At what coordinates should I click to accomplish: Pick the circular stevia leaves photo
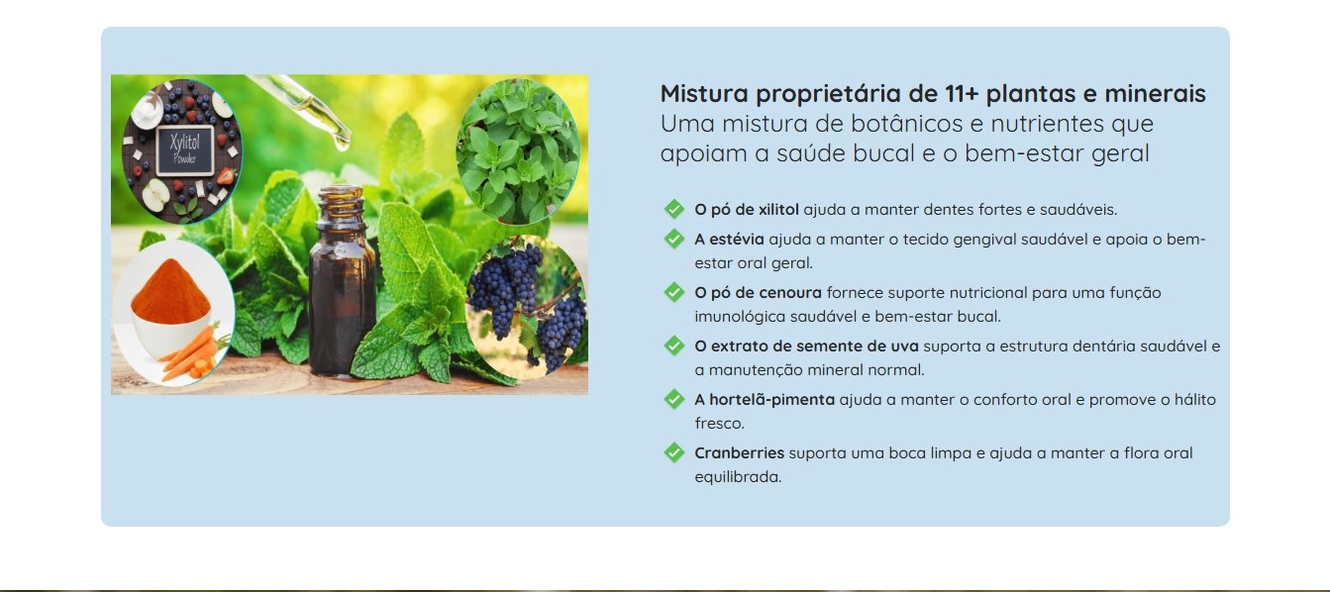click(x=518, y=150)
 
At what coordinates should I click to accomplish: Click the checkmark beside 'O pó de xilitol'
click(x=674, y=209)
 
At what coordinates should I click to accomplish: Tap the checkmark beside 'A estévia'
click(x=674, y=239)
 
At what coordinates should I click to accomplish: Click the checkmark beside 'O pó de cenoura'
click(x=674, y=292)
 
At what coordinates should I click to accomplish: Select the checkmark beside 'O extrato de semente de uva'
click(x=674, y=345)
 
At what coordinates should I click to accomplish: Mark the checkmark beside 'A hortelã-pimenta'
click(x=674, y=399)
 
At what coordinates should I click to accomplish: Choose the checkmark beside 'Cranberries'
click(x=674, y=452)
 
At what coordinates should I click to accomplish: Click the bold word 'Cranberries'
click(x=739, y=453)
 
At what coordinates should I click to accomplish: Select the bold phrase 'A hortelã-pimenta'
click(x=765, y=400)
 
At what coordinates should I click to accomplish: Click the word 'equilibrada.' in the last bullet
click(x=738, y=477)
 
